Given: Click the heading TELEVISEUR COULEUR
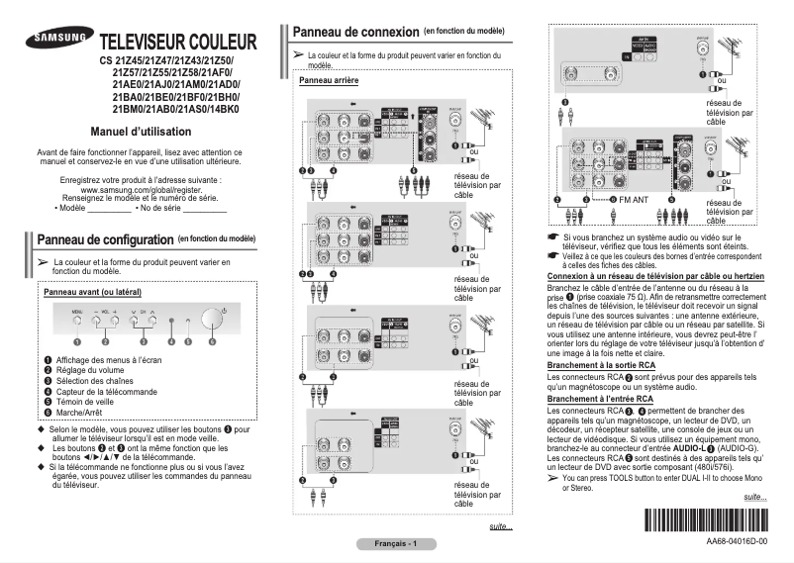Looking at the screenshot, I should [x=178, y=44].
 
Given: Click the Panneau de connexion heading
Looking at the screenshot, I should [x=356, y=32].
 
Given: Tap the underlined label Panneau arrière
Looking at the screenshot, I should [x=328, y=80].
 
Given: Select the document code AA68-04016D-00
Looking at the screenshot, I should [x=737, y=543].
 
